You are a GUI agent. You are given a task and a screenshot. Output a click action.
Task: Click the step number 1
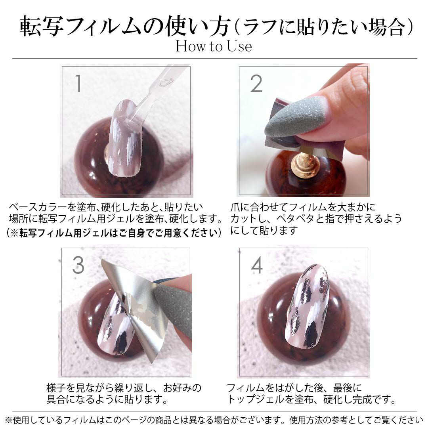[78, 83]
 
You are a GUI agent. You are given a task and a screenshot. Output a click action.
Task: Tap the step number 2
[256, 84]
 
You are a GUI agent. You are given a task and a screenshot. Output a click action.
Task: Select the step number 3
[78, 265]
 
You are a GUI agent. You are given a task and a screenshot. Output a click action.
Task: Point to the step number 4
[257, 265]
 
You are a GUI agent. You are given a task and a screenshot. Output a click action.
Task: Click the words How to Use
[214, 46]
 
